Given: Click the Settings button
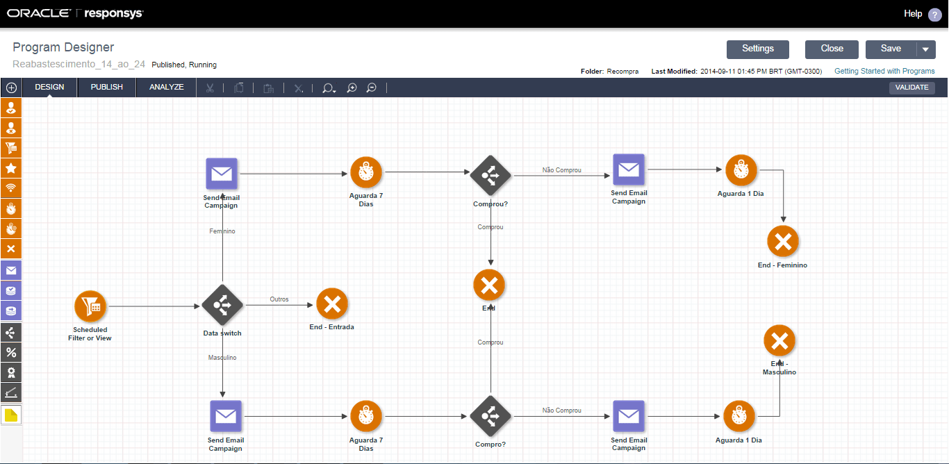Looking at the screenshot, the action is point(757,49).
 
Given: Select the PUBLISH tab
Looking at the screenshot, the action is point(107,88).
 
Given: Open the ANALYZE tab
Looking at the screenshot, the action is point(167,88).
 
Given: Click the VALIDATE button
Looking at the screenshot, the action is point(911,88).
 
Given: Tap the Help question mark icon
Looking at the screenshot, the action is point(934,15).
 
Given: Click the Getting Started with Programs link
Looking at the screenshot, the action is point(884,71).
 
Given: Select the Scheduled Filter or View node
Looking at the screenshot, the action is point(90,306).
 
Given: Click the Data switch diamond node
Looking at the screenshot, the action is point(222,305).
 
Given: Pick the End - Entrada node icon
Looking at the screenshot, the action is point(332,304).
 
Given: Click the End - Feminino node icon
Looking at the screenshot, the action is point(783,242).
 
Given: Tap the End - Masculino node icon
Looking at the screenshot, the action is point(779,340).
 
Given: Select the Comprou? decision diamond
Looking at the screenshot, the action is point(490,176).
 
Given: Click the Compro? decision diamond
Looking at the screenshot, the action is point(490,416).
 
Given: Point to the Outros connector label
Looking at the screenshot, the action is point(279,299).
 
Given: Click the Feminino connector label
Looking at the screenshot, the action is point(222,231).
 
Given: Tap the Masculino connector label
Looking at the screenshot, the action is point(222,358).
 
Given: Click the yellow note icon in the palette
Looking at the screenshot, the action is point(11,415).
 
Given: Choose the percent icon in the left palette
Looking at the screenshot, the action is point(11,353).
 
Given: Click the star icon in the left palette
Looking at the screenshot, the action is point(11,168).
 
